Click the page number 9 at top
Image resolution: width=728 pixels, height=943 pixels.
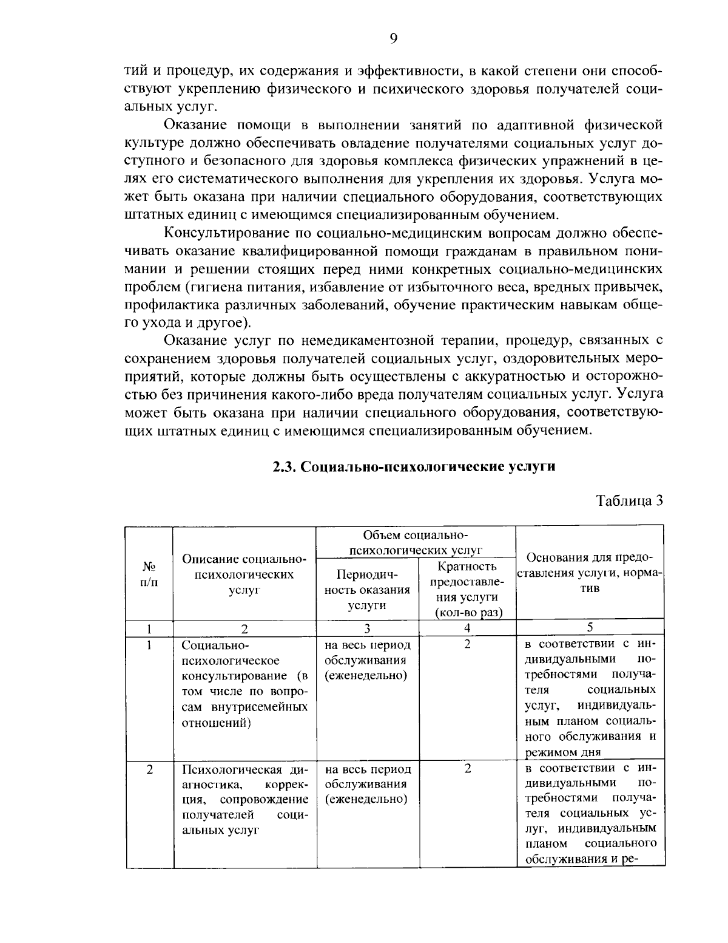(x=393, y=39)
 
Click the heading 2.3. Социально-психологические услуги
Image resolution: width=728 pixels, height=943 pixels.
(x=413, y=467)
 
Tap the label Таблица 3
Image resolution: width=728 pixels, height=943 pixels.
(x=629, y=501)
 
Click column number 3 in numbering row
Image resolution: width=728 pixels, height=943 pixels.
(x=367, y=628)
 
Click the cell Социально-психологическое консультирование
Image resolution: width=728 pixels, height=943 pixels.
(x=244, y=683)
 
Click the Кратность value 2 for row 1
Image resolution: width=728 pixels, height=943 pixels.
(x=467, y=644)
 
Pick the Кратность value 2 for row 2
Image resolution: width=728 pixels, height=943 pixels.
(x=467, y=769)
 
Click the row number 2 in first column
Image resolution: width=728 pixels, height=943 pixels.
(x=149, y=769)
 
